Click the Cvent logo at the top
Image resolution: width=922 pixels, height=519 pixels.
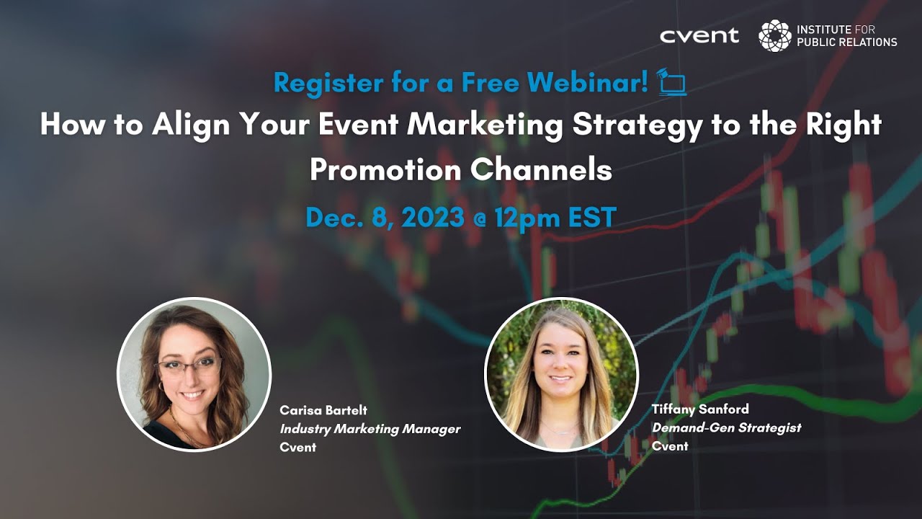pos(699,35)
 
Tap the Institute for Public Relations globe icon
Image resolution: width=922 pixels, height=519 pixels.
pos(774,35)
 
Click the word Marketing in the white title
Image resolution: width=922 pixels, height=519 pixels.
pos(484,125)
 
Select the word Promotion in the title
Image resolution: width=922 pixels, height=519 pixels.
pos(385,169)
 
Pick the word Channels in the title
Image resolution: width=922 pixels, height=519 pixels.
pos(541,169)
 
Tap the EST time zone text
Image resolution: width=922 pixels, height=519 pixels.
pos(591,217)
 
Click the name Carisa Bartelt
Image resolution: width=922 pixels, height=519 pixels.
pos(323,410)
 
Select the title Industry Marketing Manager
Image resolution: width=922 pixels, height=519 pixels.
pos(370,429)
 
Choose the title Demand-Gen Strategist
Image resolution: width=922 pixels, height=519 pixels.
pos(726,427)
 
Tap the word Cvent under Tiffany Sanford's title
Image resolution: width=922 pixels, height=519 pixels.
pos(670,446)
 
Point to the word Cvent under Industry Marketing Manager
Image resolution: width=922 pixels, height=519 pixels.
pos(298,448)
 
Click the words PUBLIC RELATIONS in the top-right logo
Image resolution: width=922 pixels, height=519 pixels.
pos(846,42)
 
